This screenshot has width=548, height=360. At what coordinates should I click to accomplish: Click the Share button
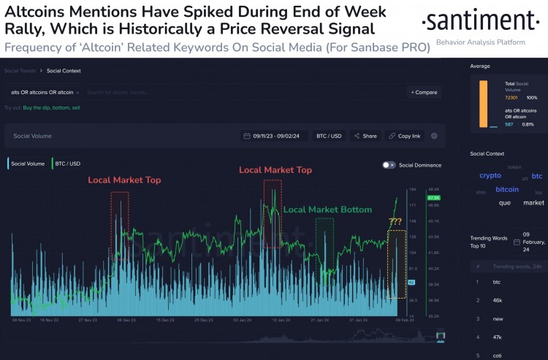coord(365,136)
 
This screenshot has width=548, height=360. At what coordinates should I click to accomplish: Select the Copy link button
coord(404,136)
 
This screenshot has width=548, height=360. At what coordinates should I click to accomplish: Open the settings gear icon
coord(434,136)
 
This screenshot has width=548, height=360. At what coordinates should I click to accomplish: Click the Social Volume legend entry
coord(27,164)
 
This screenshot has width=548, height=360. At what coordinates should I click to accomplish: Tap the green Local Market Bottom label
coord(327,210)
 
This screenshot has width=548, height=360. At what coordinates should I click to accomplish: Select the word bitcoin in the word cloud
coord(507,189)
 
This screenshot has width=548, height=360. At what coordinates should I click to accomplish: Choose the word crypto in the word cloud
coord(490,176)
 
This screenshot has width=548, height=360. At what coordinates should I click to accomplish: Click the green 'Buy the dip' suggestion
coord(37,107)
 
